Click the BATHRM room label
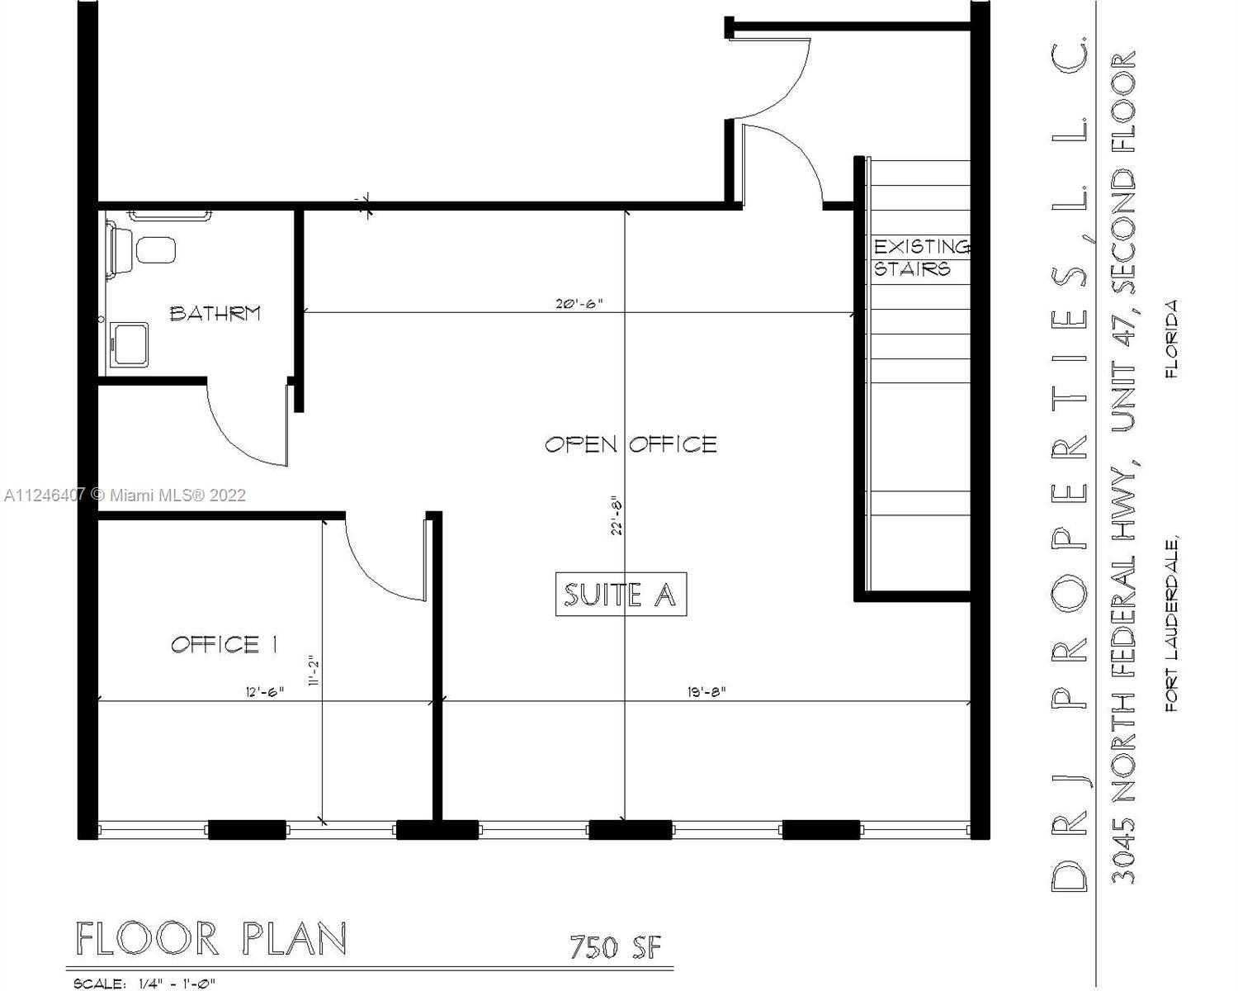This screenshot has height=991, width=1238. pyautogui.click(x=215, y=313)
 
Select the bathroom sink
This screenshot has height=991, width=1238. pyautogui.click(x=129, y=344)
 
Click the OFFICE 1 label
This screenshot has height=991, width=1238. pyautogui.click(x=225, y=644)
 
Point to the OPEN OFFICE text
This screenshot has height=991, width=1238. pyautogui.click(x=631, y=444)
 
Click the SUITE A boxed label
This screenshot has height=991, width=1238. pyautogui.click(x=621, y=595)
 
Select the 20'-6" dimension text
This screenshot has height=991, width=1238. pyautogui.click(x=579, y=303)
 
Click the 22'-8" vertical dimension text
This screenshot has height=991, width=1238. pyautogui.click(x=617, y=515)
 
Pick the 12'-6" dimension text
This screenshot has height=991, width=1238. pyautogui.click(x=265, y=691)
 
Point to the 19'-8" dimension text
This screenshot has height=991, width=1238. pyautogui.click(x=706, y=691)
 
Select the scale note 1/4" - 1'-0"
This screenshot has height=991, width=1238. pyautogui.click(x=177, y=983)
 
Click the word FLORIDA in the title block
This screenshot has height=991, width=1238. pyautogui.click(x=1172, y=339)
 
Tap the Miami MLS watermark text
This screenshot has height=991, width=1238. pyautogui.click(x=125, y=495)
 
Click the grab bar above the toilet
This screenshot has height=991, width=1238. pyautogui.click(x=170, y=216)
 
